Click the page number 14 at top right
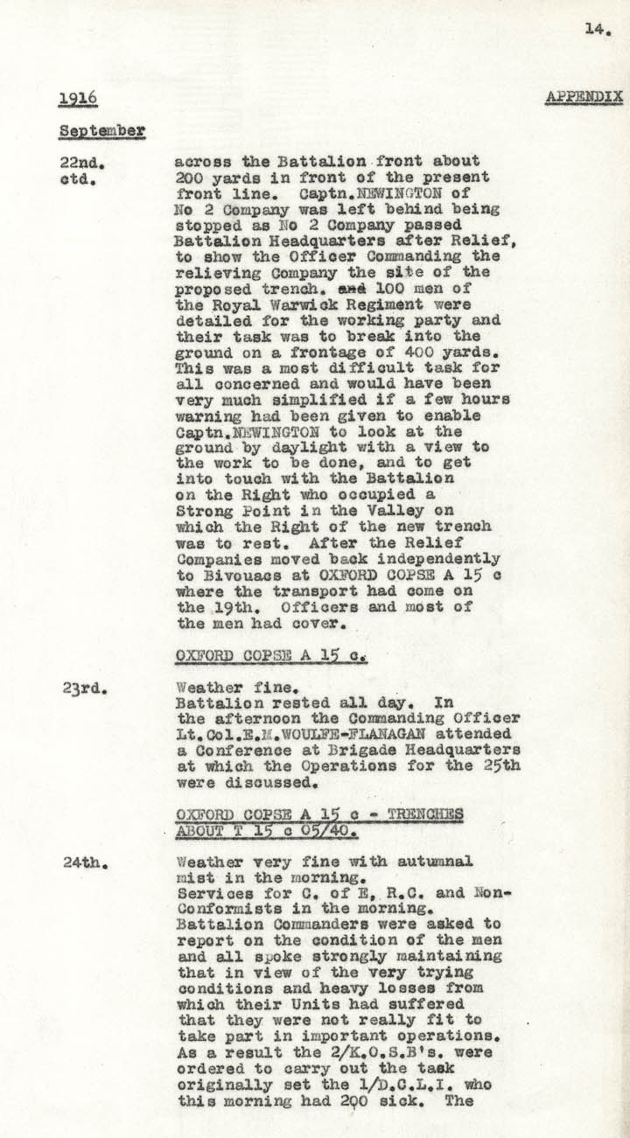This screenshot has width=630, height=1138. tap(598, 29)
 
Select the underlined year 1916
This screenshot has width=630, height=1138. tap(78, 99)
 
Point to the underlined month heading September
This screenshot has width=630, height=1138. tap(101, 131)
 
